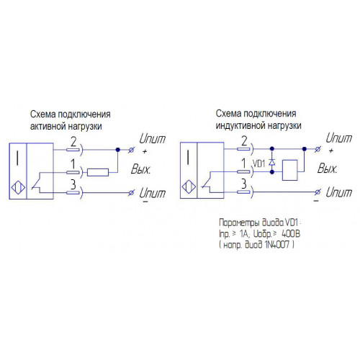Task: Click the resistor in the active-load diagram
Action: [98, 172]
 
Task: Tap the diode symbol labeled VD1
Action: [272, 161]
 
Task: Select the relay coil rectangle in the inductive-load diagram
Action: [290, 170]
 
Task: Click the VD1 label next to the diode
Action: [259, 163]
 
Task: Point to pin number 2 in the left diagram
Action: [73, 142]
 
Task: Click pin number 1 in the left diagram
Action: [73, 164]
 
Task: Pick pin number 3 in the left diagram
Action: [73, 184]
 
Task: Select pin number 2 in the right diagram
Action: [244, 141]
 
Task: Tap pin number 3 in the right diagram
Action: [244, 184]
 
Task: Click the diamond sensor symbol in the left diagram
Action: [18, 187]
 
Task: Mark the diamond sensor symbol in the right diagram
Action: [189, 186]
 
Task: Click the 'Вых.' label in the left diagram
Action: [140, 169]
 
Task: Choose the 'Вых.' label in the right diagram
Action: [327, 168]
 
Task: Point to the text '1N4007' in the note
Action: [277, 245]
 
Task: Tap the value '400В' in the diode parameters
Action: [291, 233]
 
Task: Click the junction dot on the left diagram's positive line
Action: [117, 150]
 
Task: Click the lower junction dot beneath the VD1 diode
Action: [272, 172]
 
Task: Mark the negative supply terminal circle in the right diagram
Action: [318, 192]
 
